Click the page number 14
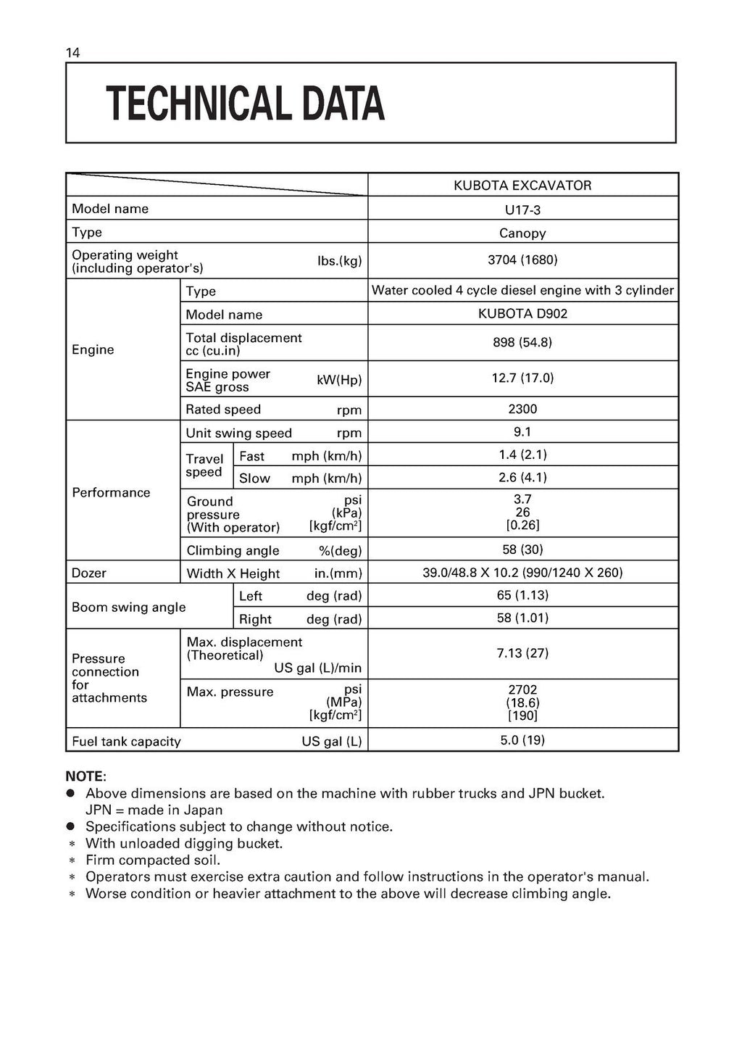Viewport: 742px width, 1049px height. [x=72, y=52]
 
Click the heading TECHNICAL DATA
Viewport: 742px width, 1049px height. [x=245, y=104]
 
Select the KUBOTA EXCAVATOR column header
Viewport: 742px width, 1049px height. [x=522, y=186]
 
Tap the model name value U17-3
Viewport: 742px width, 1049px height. [x=522, y=210]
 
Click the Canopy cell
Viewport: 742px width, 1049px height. [x=522, y=233]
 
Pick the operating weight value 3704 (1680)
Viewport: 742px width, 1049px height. [x=522, y=260]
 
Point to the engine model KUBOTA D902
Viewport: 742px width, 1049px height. [x=522, y=314]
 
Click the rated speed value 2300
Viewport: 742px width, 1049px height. [x=522, y=409]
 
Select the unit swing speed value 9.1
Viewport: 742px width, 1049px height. [x=522, y=432]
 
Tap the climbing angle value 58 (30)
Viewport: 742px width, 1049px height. [x=522, y=550]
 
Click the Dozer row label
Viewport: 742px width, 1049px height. [x=89, y=573]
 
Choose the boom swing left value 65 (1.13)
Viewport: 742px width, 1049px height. [x=522, y=595]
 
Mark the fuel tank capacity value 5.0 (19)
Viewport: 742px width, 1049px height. [x=522, y=740]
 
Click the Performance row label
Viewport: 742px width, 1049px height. [x=111, y=492]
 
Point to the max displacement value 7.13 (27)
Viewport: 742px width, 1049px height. [x=522, y=653]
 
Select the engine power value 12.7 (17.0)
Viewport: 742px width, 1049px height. [x=522, y=378]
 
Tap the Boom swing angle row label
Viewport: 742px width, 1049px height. [x=129, y=607]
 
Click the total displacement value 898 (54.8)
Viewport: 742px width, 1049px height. [x=522, y=341]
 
